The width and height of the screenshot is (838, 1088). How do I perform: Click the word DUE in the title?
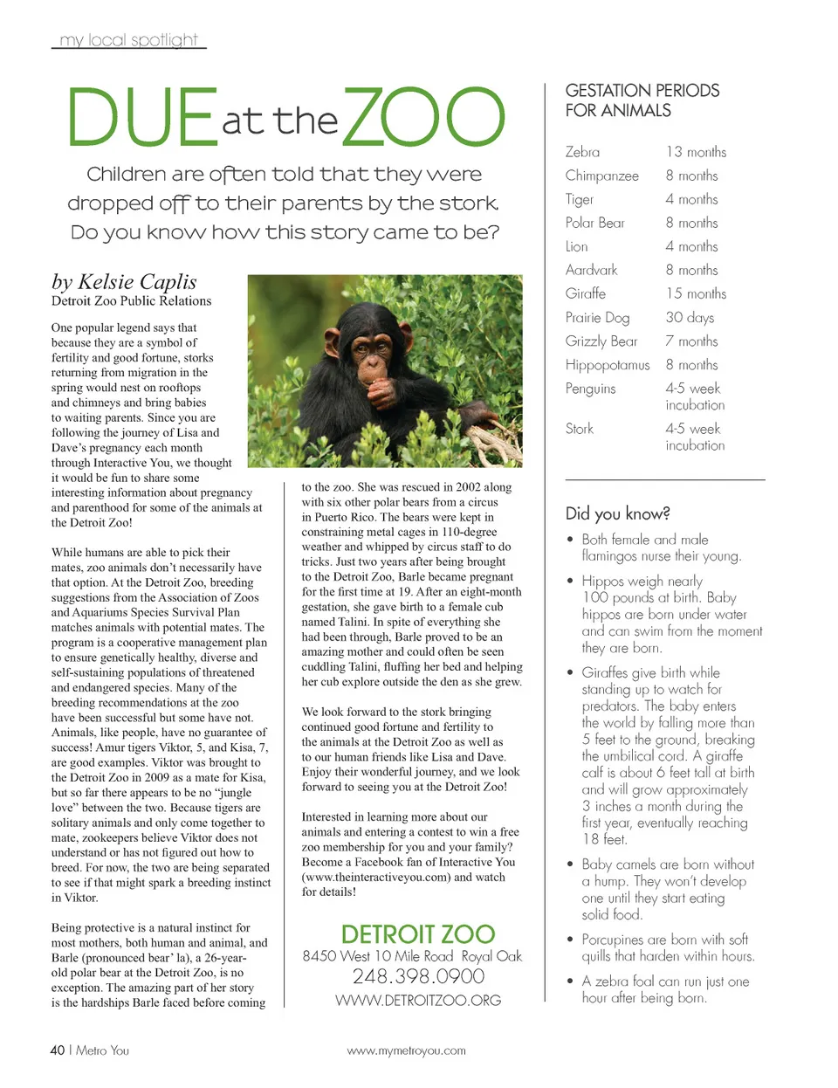141,117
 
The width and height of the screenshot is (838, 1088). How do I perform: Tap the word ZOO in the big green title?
424,117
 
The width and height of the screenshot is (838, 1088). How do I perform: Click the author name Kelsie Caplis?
137,281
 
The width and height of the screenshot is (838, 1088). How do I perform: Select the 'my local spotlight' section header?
128,40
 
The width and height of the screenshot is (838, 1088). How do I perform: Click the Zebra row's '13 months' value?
696,152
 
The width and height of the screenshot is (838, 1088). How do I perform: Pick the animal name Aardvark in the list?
591,270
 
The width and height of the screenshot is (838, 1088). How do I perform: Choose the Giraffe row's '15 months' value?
696,293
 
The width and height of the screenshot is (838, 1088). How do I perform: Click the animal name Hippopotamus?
608,365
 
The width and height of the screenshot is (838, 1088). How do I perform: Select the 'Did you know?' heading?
618,513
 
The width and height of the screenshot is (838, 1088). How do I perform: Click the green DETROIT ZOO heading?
417,934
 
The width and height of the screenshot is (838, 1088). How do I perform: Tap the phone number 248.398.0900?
418,976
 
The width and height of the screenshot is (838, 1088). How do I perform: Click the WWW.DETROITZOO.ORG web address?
418,1000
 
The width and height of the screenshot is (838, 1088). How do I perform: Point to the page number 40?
58,1050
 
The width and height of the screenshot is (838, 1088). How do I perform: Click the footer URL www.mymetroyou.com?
406,1050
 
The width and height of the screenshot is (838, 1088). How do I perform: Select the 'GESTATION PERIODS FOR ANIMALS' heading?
642,100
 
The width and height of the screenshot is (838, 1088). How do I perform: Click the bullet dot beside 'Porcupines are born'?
570,940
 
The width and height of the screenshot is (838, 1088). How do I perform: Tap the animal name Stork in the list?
580,429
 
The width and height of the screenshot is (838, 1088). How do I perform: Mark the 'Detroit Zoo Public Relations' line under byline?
132,301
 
